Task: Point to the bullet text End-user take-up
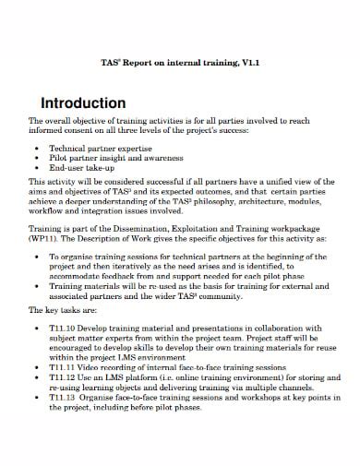(x=82, y=168)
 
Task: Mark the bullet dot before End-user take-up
(x=35, y=168)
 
